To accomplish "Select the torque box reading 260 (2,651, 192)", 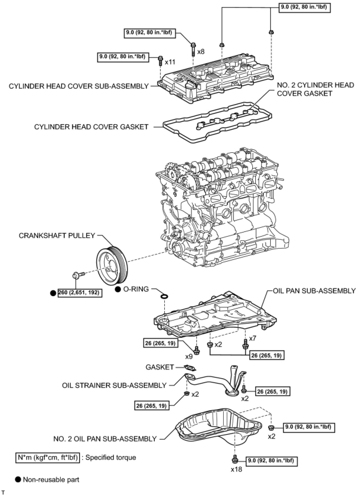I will click(x=79, y=293).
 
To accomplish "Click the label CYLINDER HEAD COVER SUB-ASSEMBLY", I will click(x=79, y=86).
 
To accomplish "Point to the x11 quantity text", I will click(x=170, y=62).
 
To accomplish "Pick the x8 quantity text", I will click(x=201, y=51).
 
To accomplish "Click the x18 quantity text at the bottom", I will click(x=237, y=469).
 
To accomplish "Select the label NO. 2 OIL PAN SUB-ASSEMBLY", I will click(x=105, y=439).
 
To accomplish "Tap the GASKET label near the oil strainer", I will click(x=159, y=367).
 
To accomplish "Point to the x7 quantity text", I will click(x=253, y=338).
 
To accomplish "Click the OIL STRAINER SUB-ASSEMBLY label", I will click(x=114, y=385).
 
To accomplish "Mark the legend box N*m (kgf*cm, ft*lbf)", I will click(x=47, y=457).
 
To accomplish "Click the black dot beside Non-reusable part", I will click(x=18, y=479).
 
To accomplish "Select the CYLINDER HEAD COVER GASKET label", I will click(x=91, y=127).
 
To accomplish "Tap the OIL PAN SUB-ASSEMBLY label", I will click(x=314, y=291).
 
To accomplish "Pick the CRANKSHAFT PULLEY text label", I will click(x=57, y=236).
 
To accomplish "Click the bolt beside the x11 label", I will click(x=160, y=60).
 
